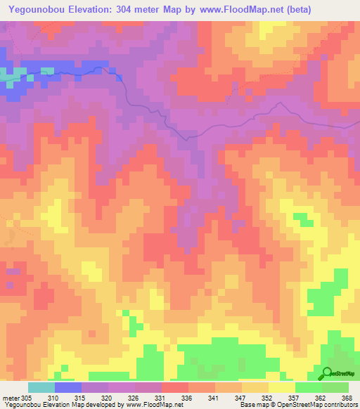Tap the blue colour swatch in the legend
68,387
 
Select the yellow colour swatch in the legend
281,387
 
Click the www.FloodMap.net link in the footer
150,405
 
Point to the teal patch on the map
8,73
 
